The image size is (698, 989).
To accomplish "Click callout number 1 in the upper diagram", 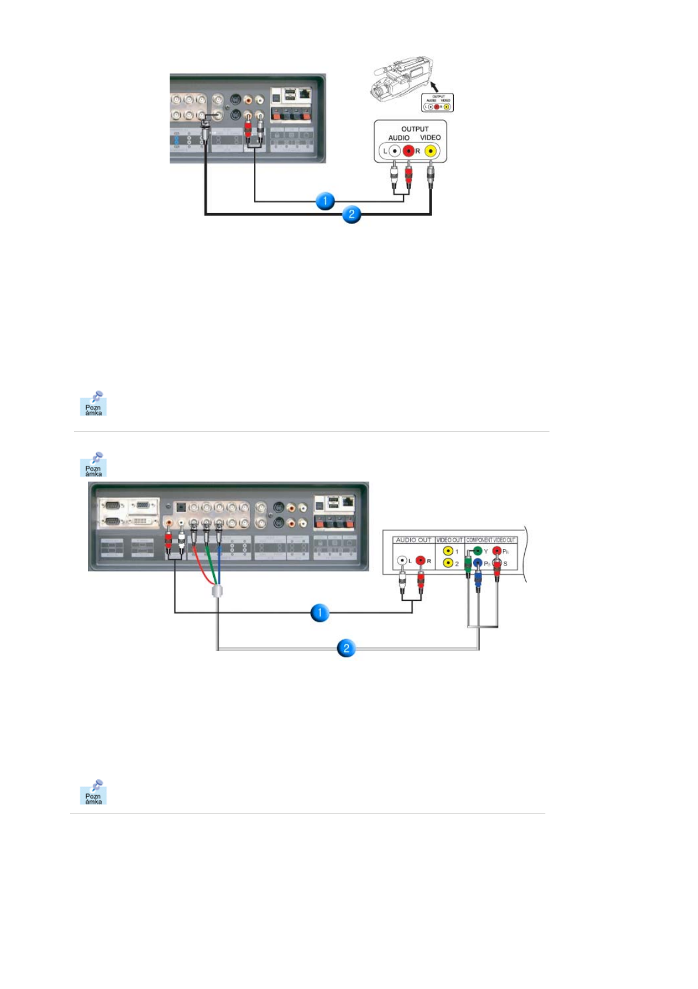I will [325, 201].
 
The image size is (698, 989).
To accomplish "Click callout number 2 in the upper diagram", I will [351, 214].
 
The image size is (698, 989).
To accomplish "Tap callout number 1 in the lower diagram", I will [319, 613].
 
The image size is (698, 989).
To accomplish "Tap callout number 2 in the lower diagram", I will [346, 648].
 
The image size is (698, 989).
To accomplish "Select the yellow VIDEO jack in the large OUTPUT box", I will [431, 151].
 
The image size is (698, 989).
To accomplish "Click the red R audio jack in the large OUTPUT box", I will [409, 151].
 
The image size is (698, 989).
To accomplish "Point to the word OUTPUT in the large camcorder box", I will [414, 129].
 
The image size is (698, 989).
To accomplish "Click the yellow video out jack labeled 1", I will [449, 551].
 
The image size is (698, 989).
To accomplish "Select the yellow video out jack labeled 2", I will [449, 563].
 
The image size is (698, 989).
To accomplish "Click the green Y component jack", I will [477, 551].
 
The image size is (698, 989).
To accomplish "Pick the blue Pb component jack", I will [478, 563].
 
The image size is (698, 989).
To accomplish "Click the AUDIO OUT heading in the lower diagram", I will [413, 540].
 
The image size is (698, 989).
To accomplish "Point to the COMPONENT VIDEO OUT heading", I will [491, 540].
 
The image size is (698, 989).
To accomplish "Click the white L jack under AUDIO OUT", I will [402, 561].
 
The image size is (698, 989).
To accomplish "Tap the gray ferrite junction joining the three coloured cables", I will [217, 590].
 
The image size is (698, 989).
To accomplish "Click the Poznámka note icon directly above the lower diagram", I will [93, 465].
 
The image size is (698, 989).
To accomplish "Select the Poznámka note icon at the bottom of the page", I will [93, 792].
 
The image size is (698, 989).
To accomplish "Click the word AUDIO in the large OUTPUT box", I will [399, 138].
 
